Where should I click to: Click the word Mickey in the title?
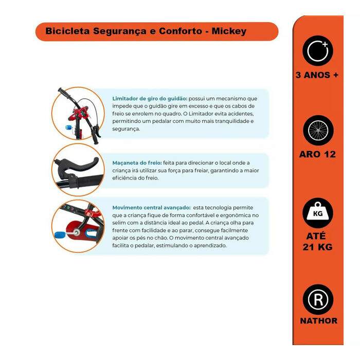click(229, 31)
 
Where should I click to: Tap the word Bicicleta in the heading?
click(67, 31)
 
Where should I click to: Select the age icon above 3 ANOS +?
click(318, 51)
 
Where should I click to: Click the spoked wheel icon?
click(318, 131)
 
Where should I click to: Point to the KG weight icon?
click(318, 213)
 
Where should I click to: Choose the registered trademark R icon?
click(318, 300)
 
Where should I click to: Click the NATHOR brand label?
click(319, 321)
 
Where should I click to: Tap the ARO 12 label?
click(317, 154)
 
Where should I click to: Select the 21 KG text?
click(317, 247)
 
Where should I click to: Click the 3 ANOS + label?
click(317, 75)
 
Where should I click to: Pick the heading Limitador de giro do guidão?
click(150, 99)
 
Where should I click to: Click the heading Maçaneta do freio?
click(137, 163)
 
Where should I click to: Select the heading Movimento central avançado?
click(152, 208)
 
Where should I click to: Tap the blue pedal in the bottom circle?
click(60, 235)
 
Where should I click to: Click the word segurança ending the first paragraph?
click(126, 129)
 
